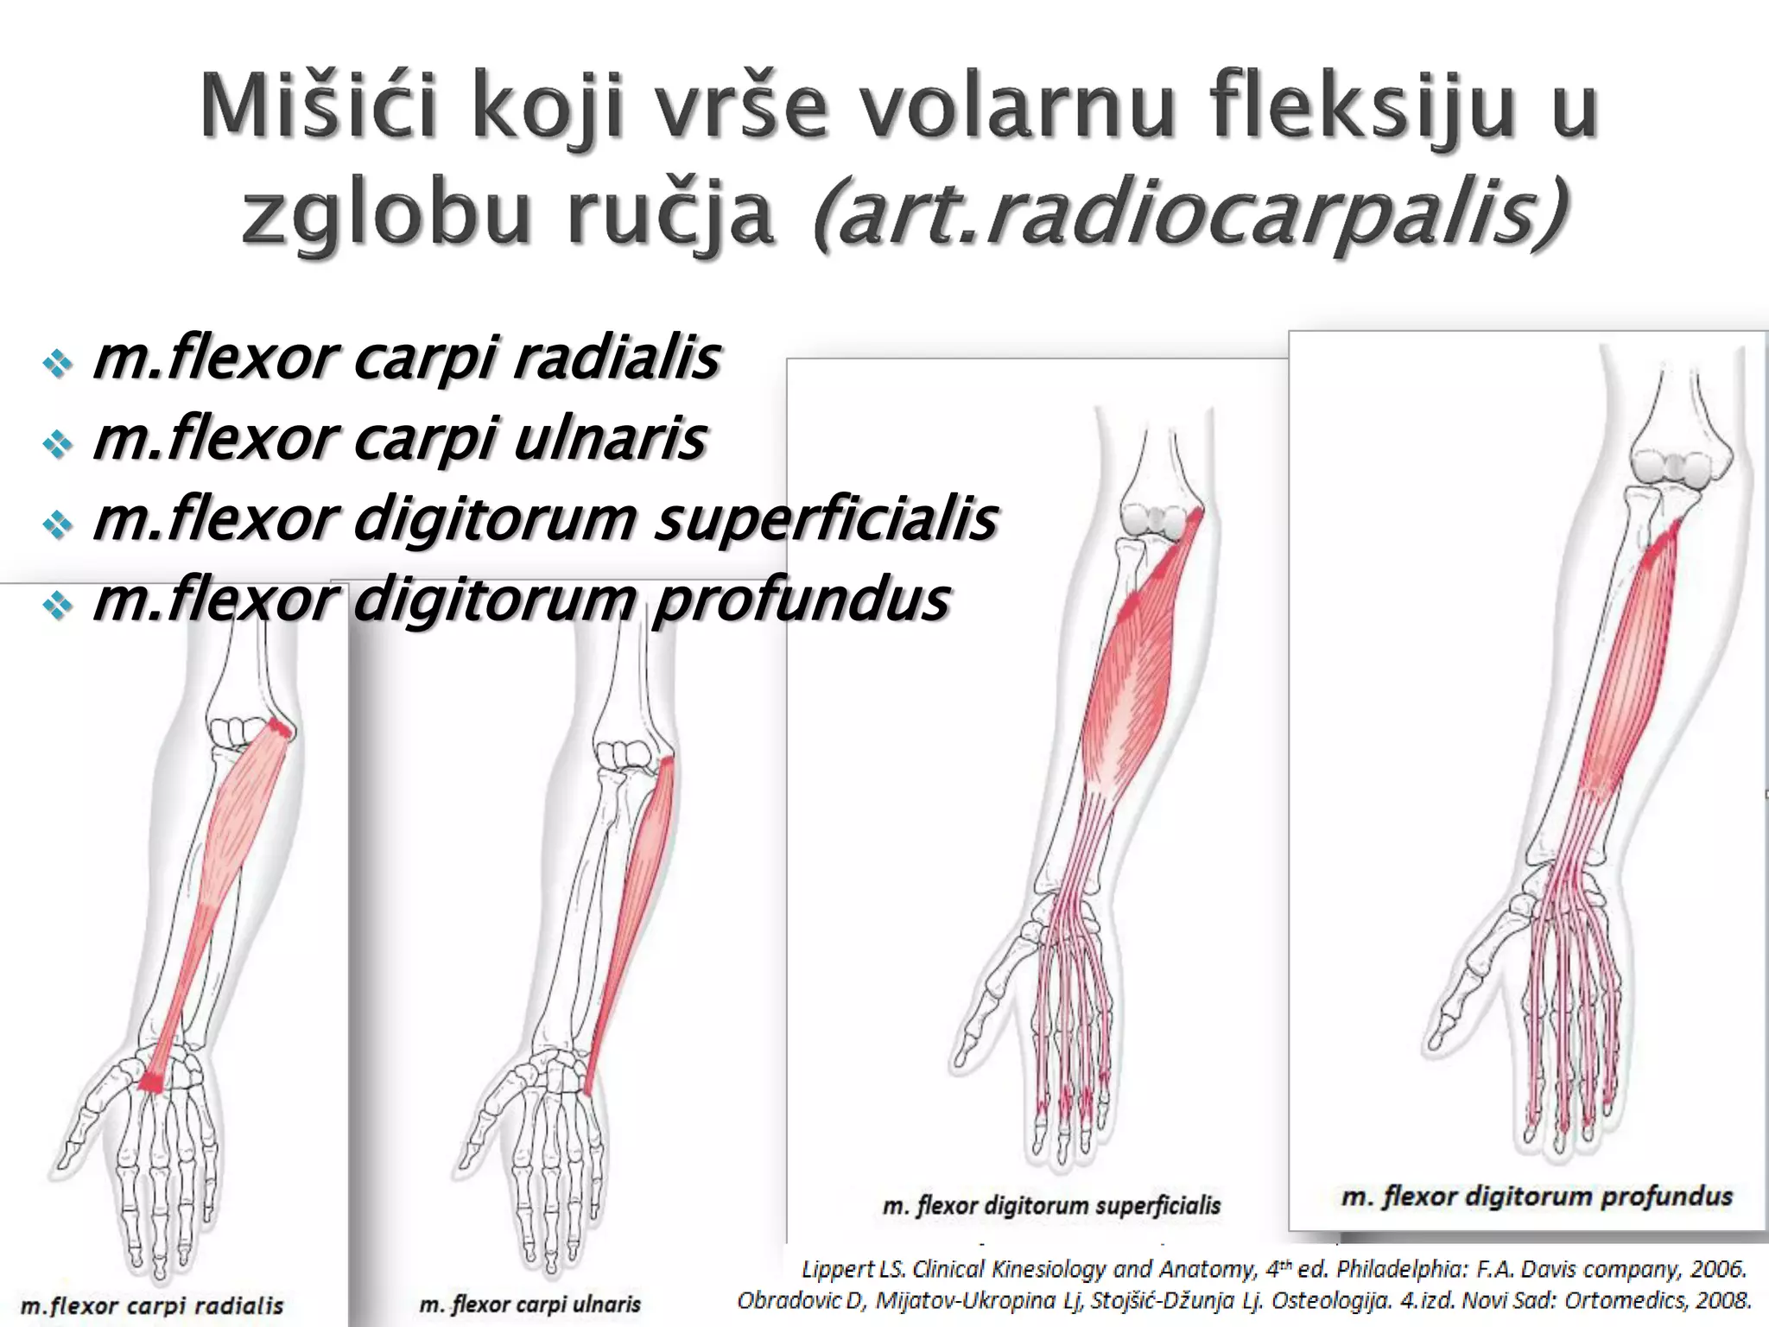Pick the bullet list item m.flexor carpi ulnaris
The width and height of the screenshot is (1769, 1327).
tap(399, 438)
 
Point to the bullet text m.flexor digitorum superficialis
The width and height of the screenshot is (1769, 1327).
tap(544, 518)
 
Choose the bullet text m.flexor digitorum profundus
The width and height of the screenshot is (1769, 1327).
tap(521, 599)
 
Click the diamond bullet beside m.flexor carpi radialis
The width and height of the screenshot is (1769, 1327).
tap(58, 364)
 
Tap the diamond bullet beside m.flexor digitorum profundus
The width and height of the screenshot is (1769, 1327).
tap(58, 605)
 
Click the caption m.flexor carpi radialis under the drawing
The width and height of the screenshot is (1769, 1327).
tap(152, 1305)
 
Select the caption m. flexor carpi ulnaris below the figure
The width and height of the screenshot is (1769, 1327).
tap(530, 1304)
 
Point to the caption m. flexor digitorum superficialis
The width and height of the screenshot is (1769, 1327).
tap(1051, 1205)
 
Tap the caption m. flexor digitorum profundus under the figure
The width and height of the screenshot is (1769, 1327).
tap(1537, 1197)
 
